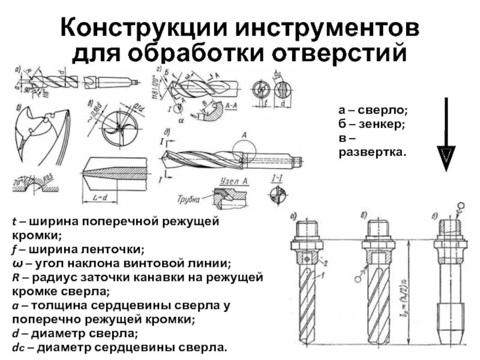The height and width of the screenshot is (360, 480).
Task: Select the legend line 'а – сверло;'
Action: (x=373, y=111)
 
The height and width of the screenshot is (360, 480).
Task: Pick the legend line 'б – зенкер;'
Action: (x=373, y=125)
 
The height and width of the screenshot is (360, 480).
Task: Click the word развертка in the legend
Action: (x=372, y=152)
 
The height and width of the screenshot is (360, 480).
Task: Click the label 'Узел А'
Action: (x=235, y=182)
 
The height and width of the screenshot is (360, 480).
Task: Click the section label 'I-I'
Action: (x=277, y=178)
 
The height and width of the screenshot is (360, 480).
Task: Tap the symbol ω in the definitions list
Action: (x=16, y=263)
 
